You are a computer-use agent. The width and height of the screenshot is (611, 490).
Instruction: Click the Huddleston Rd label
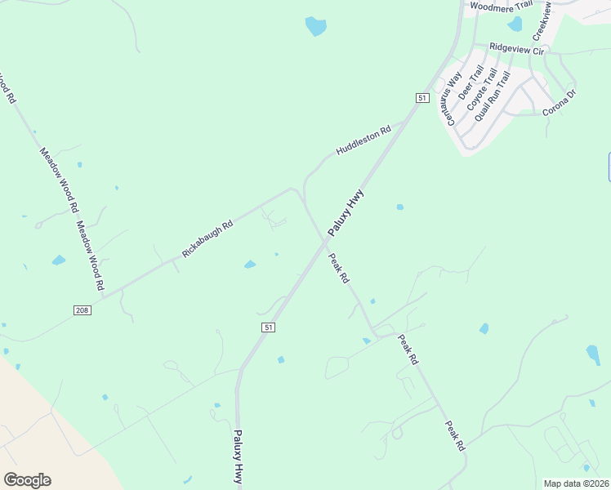(x=370, y=140)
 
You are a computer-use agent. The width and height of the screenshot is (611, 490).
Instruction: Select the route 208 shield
(x=82, y=310)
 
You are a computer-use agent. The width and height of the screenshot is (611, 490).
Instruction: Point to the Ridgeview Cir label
(x=516, y=50)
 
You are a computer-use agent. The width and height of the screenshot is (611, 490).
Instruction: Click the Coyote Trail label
(x=481, y=91)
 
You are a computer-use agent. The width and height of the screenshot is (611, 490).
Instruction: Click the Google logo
(x=27, y=479)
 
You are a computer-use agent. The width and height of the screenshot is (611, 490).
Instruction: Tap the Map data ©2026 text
(x=576, y=483)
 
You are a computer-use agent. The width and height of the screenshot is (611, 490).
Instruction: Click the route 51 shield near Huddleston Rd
(x=421, y=98)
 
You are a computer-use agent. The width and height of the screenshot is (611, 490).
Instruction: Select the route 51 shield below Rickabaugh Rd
(x=267, y=327)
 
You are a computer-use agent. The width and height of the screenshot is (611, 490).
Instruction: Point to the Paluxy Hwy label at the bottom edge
(x=239, y=457)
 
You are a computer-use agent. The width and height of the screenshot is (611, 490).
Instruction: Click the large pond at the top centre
(x=315, y=26)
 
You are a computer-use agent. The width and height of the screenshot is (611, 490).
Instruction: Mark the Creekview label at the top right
(x=542, y=20)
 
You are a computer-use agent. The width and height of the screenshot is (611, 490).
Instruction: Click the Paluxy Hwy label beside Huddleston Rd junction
(x=346, y=213)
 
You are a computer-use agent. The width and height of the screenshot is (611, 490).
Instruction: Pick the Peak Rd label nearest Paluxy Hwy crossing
(x=340, y=268)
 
